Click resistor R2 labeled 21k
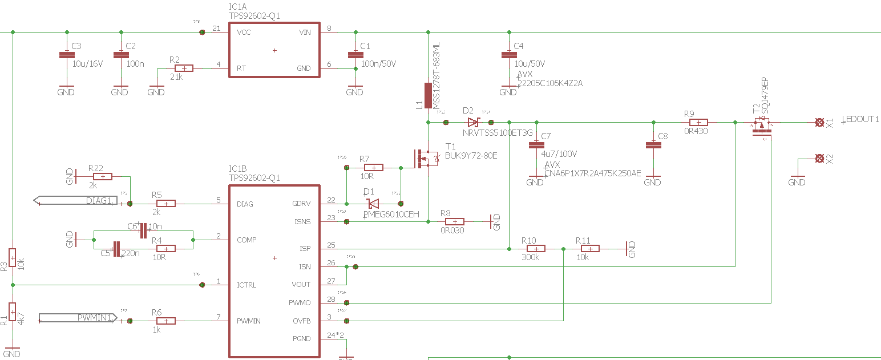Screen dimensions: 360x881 184,68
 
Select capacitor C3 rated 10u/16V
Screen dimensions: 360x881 67,55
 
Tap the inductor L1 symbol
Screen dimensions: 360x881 428,96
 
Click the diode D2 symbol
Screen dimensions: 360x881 473,122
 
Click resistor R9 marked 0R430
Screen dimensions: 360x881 698,122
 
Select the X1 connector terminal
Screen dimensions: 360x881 820,122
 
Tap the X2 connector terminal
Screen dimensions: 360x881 820,158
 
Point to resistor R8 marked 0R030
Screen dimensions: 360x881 454,221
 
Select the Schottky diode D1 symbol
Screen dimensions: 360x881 373,204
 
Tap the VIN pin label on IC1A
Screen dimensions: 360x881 305,33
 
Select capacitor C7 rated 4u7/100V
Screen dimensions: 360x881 535,145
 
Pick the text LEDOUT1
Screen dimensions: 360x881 860,119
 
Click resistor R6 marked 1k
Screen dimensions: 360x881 165,321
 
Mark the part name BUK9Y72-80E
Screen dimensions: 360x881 471,155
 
